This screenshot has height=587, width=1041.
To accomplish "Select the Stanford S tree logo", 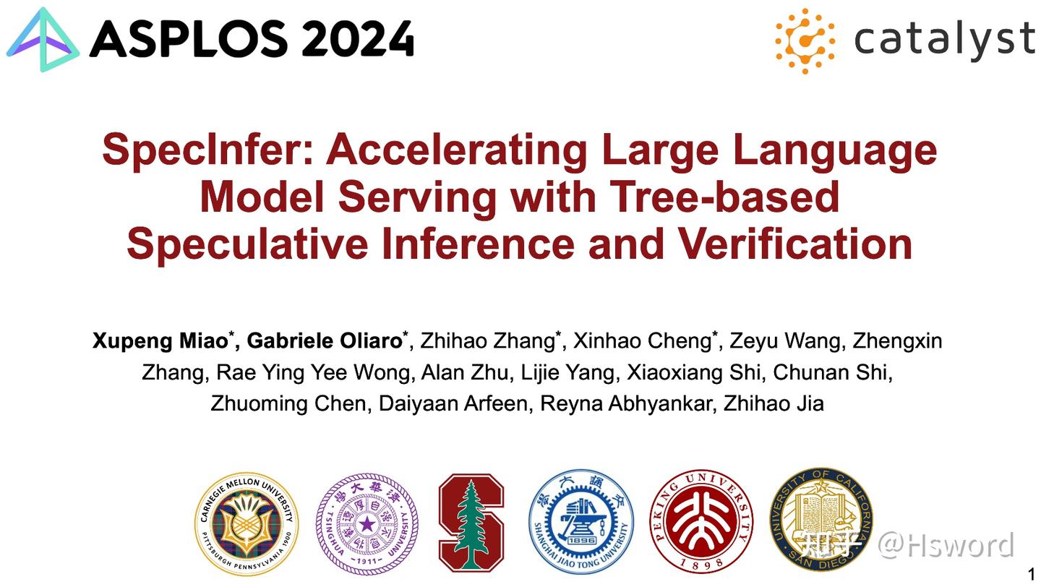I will point(471,522).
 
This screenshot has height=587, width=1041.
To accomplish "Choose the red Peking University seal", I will point(701,522).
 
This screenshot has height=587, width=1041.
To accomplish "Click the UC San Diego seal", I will point(821,519).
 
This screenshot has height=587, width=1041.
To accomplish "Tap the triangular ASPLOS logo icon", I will point(43,40).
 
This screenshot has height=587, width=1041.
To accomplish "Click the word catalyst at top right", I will point(944,39).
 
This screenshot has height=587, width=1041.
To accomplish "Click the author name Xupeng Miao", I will point(160,340).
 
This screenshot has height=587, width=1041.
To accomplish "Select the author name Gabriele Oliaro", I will point(325,340).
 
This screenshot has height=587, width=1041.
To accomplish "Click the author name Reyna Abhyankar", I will point(627,403).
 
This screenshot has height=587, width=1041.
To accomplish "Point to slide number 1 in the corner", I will point(1032,575).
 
